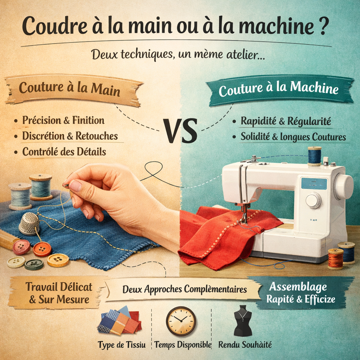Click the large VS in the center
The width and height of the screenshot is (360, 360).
[180, 131]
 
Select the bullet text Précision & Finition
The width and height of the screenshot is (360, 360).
[63, 121]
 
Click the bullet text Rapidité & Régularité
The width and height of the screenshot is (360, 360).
[285, 121]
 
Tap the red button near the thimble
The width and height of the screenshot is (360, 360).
[21, 247]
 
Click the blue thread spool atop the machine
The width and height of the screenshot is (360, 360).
[314, 156]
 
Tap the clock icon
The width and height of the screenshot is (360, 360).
[181, 321]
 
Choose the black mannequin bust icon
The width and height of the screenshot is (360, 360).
[243, 321]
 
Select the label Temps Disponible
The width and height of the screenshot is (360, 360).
[183, 345]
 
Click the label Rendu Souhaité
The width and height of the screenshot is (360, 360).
[245, 345]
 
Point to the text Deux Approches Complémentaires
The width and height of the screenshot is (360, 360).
[185, 290]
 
